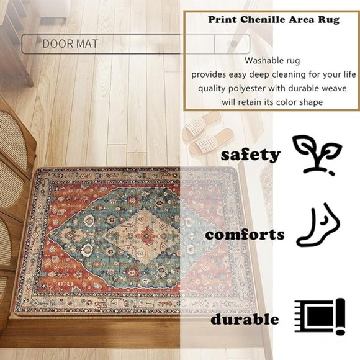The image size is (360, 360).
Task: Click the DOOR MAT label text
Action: [x=70, y=44]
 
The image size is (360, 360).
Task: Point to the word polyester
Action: [x=253, y=88]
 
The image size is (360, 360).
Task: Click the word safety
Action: [x=251, y=155]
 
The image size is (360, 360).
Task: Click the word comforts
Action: [x=245, y=235]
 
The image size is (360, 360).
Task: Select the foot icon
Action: [x=318, y=227]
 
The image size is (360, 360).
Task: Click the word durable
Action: [x=245, y=320]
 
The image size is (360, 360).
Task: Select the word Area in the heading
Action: [x=299, y=20]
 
